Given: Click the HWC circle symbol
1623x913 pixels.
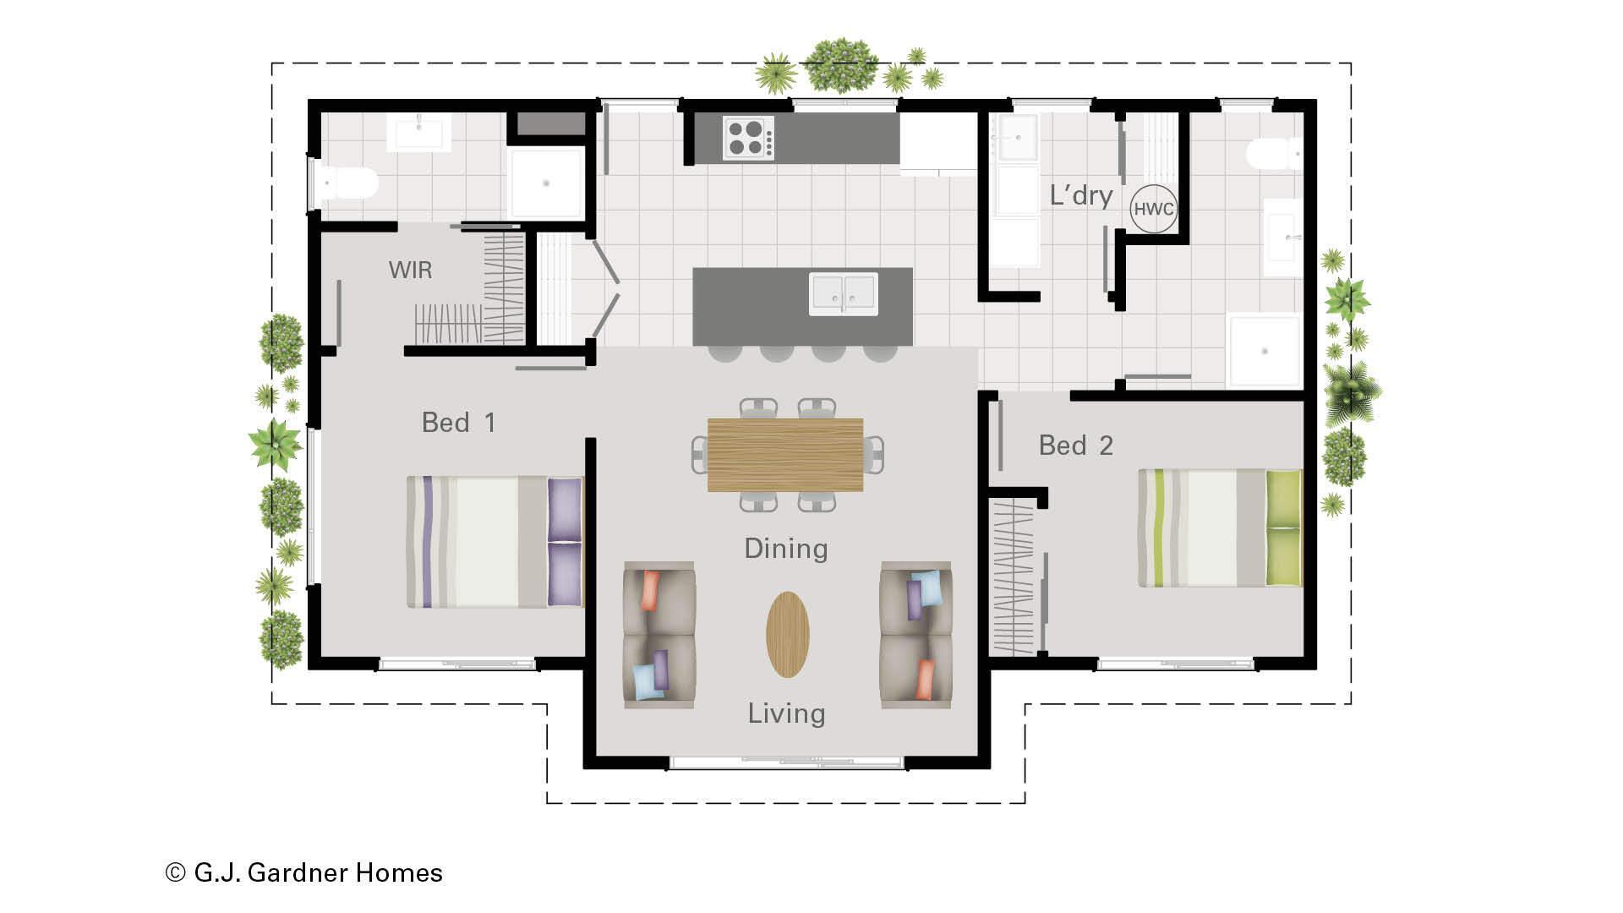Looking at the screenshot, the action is (x=1153, y=208).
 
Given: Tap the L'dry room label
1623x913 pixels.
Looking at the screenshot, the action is (x=1081, y=195).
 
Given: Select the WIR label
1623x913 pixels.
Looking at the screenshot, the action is (x=410, y=270).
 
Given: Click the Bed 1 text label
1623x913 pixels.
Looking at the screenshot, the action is (x=458, y=422).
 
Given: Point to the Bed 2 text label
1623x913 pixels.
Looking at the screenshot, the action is (x=1075, y=445).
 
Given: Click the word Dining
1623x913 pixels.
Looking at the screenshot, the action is (x=786, y=549).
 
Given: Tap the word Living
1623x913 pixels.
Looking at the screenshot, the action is (x=786, y=713).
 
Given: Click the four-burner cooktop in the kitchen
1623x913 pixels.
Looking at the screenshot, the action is (x=748, y=138).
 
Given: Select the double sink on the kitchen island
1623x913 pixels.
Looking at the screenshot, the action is (x=844, y=293).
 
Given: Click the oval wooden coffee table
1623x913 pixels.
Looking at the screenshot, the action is (x=788, y=634).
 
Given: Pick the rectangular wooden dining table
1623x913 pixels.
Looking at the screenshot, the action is (x=785, y=455).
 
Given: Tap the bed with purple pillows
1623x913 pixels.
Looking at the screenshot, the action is (x=495, y=542).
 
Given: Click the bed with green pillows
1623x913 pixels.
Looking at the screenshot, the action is (x=1220, y=528).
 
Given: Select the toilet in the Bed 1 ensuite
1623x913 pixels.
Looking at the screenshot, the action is (x=347, y=183).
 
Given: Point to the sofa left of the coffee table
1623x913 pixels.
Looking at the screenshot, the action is (x=659, y=635).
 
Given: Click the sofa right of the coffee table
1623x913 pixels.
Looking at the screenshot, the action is (x=916, y=635).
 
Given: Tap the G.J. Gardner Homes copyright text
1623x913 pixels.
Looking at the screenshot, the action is (x=304, y=872).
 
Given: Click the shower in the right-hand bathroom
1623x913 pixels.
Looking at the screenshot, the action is (x=1265, y=351).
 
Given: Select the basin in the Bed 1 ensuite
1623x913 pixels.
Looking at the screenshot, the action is (x=418, y=134).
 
